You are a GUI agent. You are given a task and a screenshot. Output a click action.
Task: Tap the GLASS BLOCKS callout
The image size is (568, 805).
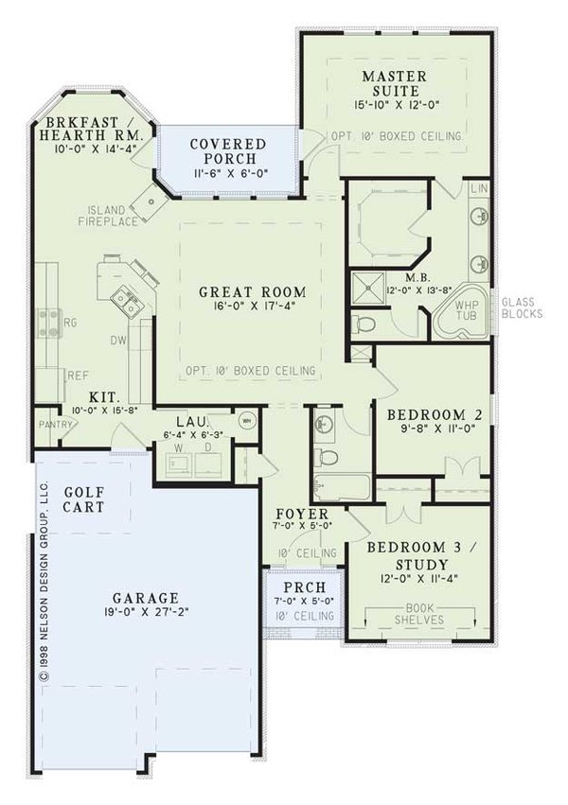(x=522, y=306)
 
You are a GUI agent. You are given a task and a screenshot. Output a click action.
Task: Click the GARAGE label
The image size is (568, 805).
(x=146, y=598)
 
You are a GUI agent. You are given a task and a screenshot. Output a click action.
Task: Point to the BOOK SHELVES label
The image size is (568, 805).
(x=417, y=614)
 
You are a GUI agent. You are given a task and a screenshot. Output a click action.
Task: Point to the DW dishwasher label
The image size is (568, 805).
(x=119, y=339)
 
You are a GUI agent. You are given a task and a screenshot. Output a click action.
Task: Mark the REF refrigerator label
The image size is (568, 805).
(x=78, y=376)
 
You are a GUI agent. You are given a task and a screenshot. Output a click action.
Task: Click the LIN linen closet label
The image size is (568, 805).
(x=479, y=189)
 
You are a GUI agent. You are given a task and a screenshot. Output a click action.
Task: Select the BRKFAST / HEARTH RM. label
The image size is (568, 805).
(x=88, y=129)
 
